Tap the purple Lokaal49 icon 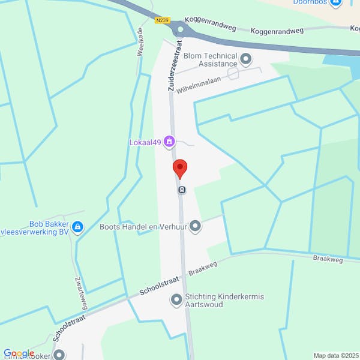click(x=170, y=142)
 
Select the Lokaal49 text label click(x=146, y=142)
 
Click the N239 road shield click(x=161, y=20)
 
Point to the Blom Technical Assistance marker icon click(x=246, y=58)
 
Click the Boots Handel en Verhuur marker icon click(x=195, y=226)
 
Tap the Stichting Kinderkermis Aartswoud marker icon click(x=176, y=299)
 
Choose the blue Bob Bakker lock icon click(x=77, y=227)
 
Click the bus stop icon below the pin click(x=182, y=190)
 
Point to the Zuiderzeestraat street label click(x=175, y=65)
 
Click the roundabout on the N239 click(x=180, y=30)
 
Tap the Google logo click(x=19, y=353)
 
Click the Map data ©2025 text click(x=335, y=355)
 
